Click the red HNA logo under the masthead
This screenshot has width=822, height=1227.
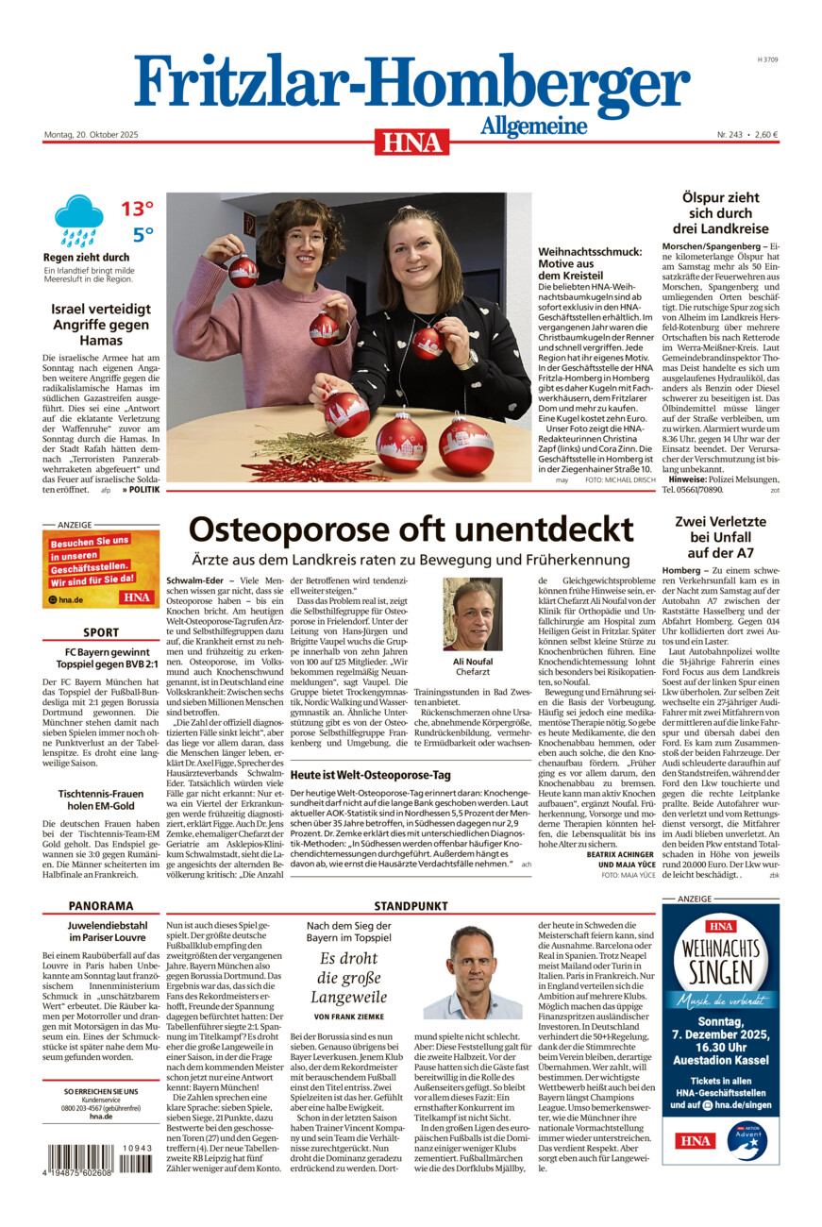[411, 142]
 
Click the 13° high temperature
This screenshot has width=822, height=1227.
[137, 208]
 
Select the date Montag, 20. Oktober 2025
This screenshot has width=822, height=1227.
[91, 134]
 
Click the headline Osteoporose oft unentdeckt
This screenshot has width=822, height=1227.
[411, 529]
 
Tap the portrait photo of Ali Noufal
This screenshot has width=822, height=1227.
[472, 613]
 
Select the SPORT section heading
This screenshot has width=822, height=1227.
[101, 632]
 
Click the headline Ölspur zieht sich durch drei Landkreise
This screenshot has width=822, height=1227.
[720, 213]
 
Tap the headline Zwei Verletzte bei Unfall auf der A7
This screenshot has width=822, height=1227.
[720, 536]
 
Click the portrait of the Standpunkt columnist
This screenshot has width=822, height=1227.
[472, 972]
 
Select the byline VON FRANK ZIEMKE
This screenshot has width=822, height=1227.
[348, 1017]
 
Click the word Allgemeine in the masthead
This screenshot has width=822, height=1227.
[533, 126]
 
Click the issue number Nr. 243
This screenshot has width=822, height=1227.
[728, 134]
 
